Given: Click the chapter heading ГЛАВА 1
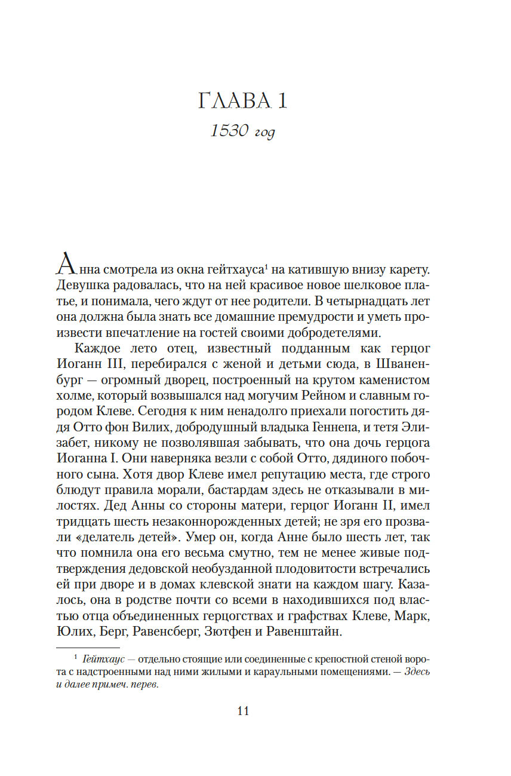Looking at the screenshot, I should (x=242, y=101).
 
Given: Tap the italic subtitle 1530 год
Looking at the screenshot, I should (x=242, y=131).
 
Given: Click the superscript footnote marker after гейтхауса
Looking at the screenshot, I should (x=267, y=265).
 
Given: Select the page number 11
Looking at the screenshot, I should (x=242, y=710).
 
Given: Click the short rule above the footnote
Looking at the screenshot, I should (x=87, y=647).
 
